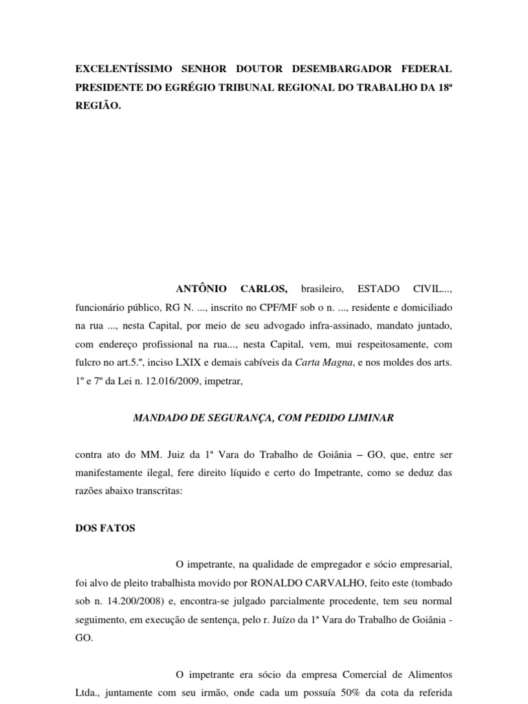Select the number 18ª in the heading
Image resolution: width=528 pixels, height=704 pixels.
[x=443, y=88]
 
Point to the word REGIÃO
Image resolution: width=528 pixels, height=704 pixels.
[x=98, y=107]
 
